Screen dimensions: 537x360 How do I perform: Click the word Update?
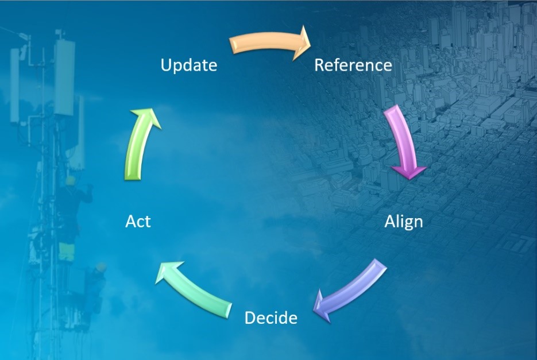pos(189,65)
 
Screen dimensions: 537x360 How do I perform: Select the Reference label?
pos(353,65)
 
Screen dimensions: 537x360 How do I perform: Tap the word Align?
pos(403,222)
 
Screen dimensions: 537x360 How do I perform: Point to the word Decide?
pos(271,318)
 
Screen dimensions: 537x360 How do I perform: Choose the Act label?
pos(138,221)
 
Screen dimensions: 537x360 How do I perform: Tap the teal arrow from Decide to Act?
pos(194,286)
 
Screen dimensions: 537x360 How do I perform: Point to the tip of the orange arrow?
pos(310,44)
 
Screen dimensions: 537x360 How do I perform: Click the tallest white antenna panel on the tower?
pos(64,78)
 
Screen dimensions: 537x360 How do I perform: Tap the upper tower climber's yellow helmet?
pos(71,180)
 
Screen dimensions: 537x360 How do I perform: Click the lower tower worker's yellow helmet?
pos(101,266)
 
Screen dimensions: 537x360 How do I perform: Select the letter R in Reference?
pos(319,65)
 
